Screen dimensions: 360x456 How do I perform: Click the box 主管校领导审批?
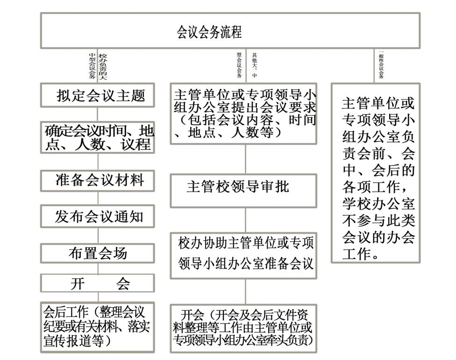point(243,190)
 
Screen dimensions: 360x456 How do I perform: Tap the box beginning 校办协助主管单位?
point(243,254)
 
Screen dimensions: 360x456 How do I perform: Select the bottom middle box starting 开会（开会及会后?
point(243,327)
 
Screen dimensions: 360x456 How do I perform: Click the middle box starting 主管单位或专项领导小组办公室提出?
point(243,112)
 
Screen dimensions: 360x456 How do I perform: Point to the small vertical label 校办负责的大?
point(103,65)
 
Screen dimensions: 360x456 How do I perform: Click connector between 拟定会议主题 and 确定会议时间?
point(98,114)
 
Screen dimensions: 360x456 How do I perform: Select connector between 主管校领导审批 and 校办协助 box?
point(246,220)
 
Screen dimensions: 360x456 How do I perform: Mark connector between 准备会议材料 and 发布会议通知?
point(98,199)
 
